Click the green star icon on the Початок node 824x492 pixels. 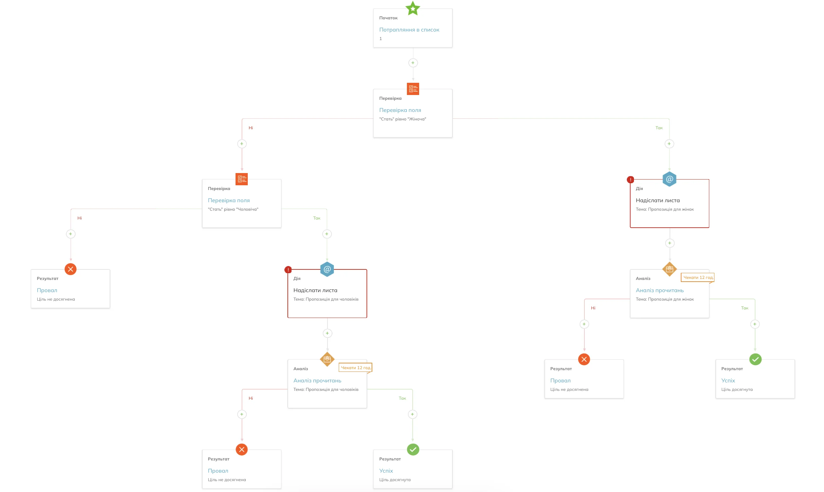pyautogui.click(x=413, y=8)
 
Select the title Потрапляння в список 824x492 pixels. pyautogui.click(x=409, y=30)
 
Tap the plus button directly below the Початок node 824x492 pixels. pyautogui.click(x=413, y=63)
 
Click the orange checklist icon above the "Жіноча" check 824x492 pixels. pyautogui.click(x=413, y=89)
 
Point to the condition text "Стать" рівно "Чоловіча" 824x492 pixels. pyautogui.click(x=233, y=209)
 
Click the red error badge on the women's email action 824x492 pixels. pyautogui.click(x=630, y=180)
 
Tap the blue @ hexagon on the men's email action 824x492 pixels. pyautogui.click(x=327, y=269)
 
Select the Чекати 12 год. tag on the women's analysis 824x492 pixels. pyautogui.click(x=698, y=278)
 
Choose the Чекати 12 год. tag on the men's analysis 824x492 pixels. pyautogui.click(x=355, y=368)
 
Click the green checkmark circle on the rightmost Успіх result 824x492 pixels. pyautogui.click(x=755, y=359)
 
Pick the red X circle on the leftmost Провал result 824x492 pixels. pyautogui.click(x=70, y=269)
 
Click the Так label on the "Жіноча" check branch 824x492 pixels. pyautogui.click(x=659, y=128)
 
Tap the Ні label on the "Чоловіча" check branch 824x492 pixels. pyautogui.click(x=79, y=218)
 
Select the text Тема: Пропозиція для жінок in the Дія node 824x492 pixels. pyautogui.click(x=664, y=209)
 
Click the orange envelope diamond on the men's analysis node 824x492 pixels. pyautogui.click(x=327, y=359)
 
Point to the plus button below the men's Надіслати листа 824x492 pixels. pyautogui.click(x=327, y=333)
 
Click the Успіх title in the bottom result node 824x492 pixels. pyautogui.click(x=386, y=471)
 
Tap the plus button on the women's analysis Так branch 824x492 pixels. pyautogui.click(x=755, y=324)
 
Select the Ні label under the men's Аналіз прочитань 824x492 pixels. pyautogui.click(x=250, y=398)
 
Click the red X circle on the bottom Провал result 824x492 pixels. pyautogui.click(x=242, y=450)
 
